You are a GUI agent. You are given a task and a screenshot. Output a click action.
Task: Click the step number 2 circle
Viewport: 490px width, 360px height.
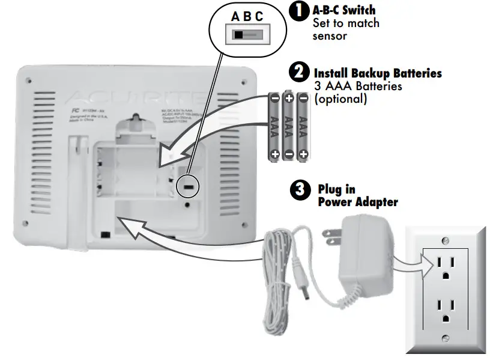[298, 73]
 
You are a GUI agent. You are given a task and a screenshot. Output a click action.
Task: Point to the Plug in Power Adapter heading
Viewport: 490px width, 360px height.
[357, 196]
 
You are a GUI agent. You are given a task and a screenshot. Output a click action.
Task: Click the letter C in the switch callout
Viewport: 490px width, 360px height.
[259, 17]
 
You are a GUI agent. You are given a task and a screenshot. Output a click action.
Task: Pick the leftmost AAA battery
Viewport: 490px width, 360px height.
[274, 126]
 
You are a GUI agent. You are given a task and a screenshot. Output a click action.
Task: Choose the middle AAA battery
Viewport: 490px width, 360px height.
[289, 126]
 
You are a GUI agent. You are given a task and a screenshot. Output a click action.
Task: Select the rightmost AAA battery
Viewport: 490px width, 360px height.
[304, 126]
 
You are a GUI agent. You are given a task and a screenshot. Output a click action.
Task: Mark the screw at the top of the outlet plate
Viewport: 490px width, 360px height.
[445, 240]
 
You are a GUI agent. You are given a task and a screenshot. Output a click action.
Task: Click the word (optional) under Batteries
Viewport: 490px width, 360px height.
[340, 99]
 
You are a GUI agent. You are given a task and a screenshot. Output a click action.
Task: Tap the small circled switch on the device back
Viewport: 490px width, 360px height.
[189, 188]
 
